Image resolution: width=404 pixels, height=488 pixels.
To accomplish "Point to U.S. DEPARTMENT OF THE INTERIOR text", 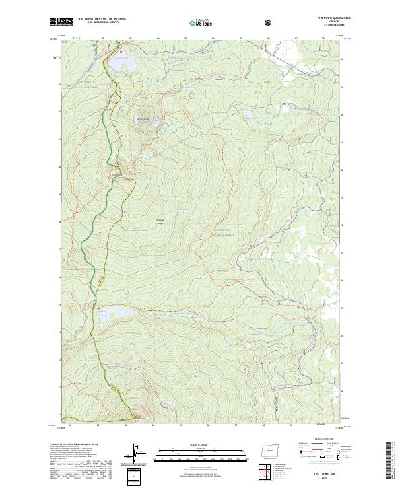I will coord(103,18).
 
